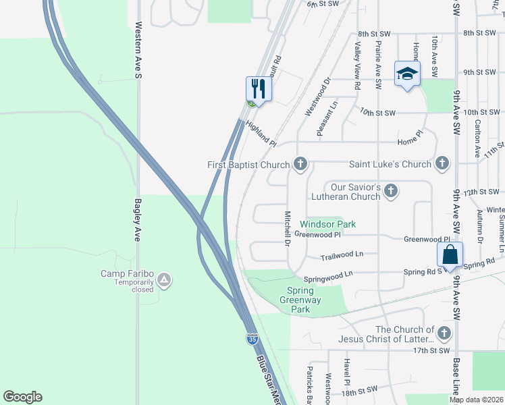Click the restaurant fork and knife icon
click(x=259, y=88)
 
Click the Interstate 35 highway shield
click(x=252, y=340)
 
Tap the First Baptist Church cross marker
click(x=300, y=164)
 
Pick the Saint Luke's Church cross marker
click(x=442, y=163)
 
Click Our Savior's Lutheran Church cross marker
click(x=390, y=192)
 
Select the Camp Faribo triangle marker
click(x=163, y=279)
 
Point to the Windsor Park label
click(x=327, y=224)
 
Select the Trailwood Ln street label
click(x=342, y=256)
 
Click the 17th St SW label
click(x=430, y=350)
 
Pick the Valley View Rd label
click(x=358, y=63)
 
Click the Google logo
click(x=22, y=397)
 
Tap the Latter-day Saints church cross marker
click(x=444, y=333)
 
